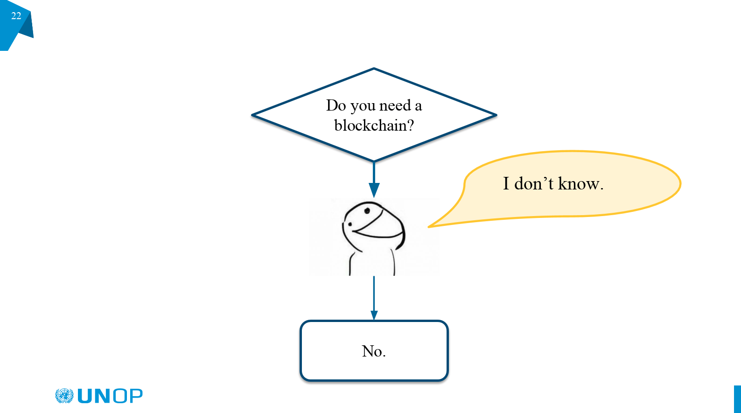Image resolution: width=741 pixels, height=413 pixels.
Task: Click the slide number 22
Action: click(x=16, y=16)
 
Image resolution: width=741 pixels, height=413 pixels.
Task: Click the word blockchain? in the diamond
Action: click(x=374, y=126)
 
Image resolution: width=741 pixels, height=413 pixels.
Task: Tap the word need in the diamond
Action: click(x=395, y=105)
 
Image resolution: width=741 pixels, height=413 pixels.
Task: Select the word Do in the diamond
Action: click(x=336, y=105)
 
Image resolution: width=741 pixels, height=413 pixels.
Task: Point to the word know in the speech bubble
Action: click(x=579, y=184)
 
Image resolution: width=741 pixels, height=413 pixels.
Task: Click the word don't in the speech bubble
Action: click(x=534, y=184)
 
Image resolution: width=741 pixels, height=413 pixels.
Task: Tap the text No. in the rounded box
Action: click(x=374, y=351)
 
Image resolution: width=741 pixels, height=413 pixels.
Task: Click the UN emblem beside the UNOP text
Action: click(x=64, y=396)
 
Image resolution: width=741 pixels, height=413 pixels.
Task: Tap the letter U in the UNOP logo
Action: click(x=86, y=396)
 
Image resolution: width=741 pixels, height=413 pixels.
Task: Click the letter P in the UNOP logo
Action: click(x=135, y=396)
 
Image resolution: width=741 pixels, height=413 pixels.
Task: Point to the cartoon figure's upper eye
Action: click(x=367, y=210)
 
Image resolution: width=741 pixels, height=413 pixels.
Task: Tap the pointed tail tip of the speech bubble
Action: click(x=430, y=227)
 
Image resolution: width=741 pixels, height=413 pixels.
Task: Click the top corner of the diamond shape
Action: click(x=374, y=69)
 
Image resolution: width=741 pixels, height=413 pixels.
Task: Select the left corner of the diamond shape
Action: click(x=253, y=115)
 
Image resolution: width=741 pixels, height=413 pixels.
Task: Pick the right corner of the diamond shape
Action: click(x=496, y=115)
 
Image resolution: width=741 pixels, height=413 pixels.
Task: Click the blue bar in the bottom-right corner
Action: click(x=737, y=399)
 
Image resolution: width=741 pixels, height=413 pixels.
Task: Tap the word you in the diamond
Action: click(x=363, y=106)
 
